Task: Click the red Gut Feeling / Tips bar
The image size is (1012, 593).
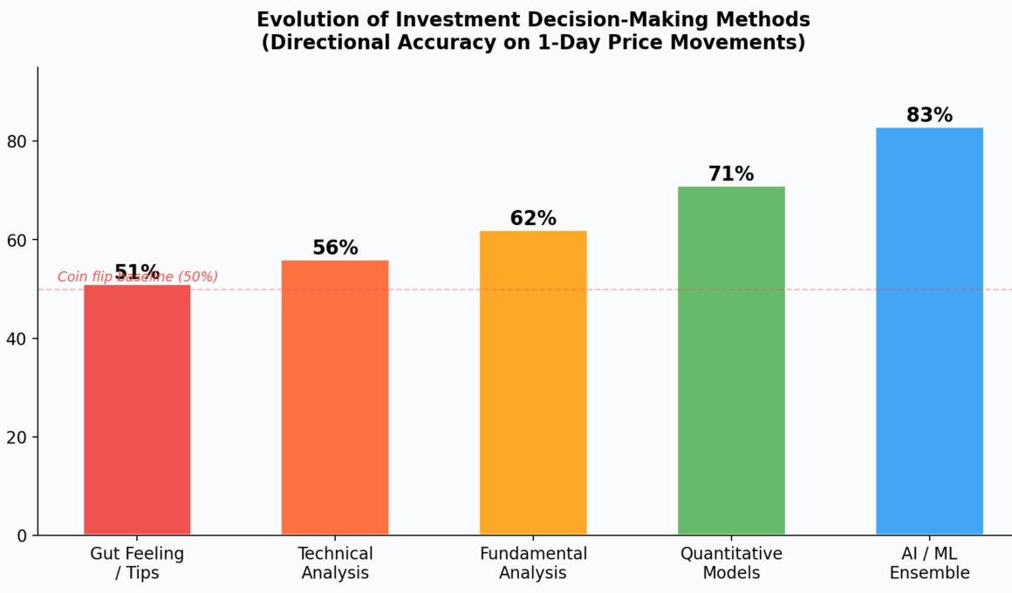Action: (x=137, y=410)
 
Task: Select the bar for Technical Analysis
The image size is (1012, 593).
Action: (x=335, y=398)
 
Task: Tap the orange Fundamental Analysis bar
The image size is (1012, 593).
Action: (x=533, y=383)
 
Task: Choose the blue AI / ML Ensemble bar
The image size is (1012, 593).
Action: (x=929, y=331)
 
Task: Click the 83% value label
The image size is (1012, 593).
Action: (x=929, y=115)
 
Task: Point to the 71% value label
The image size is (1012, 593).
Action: (x=731, y=174)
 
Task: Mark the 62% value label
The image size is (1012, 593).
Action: (x=533, y=218)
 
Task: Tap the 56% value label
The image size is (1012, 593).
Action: (x=335, y=248)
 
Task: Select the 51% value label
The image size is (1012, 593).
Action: (x=137, y=271)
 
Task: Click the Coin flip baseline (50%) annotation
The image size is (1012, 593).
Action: (x=138, y=277)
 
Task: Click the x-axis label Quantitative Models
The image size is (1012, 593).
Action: (x=731, y=563)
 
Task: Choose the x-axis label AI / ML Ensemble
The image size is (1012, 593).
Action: (x=929, y=563)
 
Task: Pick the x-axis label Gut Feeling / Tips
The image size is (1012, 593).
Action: (x=137, y=563)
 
